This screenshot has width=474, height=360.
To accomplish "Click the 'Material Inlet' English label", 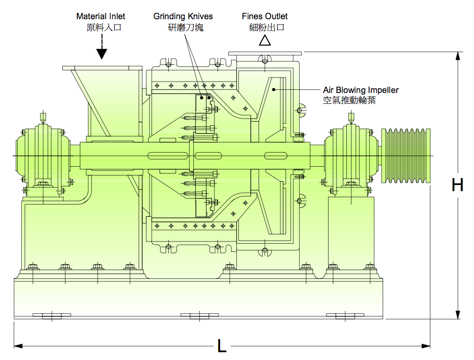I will (101, 17).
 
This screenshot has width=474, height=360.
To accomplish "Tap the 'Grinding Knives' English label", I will (183, 17).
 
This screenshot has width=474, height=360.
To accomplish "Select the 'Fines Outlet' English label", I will (265, 17).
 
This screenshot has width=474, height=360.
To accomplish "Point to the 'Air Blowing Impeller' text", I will (361, 90).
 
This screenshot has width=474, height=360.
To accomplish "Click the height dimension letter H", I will (457, 185).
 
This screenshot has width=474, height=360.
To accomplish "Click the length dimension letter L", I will (222, 346).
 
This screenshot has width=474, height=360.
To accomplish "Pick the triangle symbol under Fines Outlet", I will (265, 41).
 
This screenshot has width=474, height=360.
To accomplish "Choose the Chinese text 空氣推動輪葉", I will (349, 100).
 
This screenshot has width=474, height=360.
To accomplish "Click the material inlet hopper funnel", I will (106, 99).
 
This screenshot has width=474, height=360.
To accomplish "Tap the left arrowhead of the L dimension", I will (17, 345).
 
